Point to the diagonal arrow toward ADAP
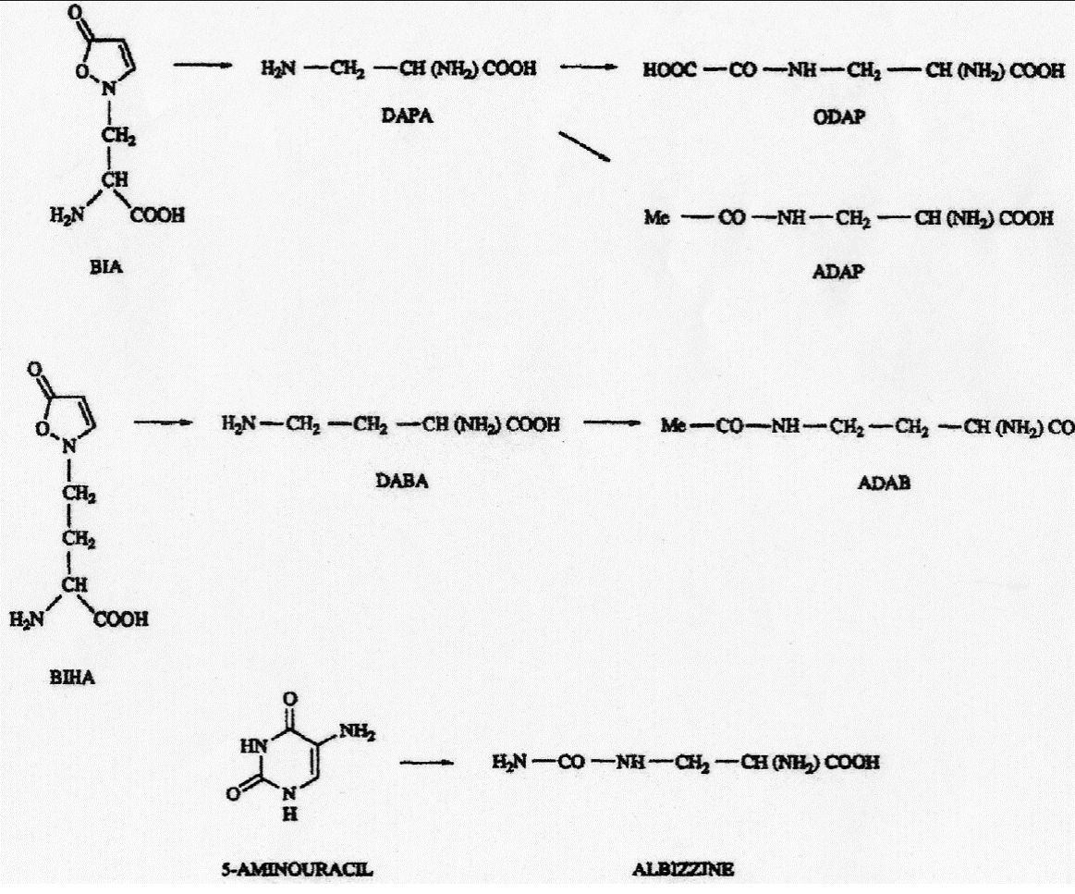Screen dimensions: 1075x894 pyautogui.click(x=585, y=147)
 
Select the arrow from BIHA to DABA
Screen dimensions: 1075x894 pyautogui.click(x=164, y=424)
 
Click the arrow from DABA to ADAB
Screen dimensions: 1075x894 pyautogui.click(x=611, y=424)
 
